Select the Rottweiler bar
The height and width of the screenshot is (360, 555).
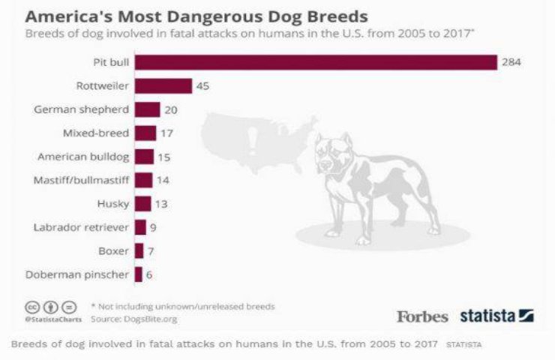[x=163, y=86]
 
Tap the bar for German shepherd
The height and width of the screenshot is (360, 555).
[x=148, y=109]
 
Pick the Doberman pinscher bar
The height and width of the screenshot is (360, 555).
[x=138, y=274]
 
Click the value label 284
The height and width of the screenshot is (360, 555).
[x=511, y=62]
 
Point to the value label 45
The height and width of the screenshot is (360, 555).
[x=202, y=86]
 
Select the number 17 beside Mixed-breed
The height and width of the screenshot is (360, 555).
[x=166, y=133]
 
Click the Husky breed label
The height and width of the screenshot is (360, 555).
[x=113, y=203]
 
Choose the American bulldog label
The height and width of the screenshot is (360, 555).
[x=83, y=157]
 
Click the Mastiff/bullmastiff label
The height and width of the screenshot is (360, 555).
[x=82, y=180]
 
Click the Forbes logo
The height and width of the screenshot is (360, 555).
[x=423, y=316]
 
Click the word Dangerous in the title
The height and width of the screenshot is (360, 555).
[x=183, y=16]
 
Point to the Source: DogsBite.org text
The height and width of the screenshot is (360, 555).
[x=134, y=319]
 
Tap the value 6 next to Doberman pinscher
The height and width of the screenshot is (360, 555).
[x=149, y=274]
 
